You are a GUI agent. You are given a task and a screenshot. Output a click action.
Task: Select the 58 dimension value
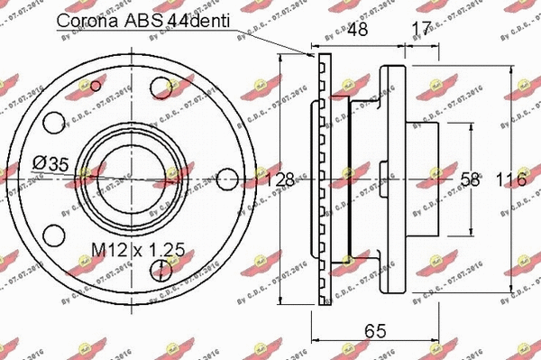tap(470, 180)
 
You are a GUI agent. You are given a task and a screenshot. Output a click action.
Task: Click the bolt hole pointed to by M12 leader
tap(160, 268)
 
